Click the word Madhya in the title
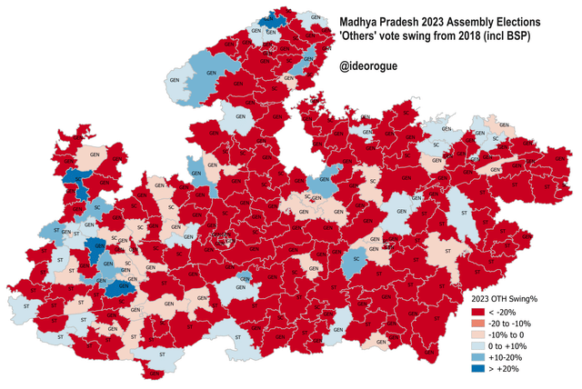coord(361,19)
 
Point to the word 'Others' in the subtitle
coord(363,35)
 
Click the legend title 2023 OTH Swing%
coord(514,297)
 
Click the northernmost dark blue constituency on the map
coord(270,20)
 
